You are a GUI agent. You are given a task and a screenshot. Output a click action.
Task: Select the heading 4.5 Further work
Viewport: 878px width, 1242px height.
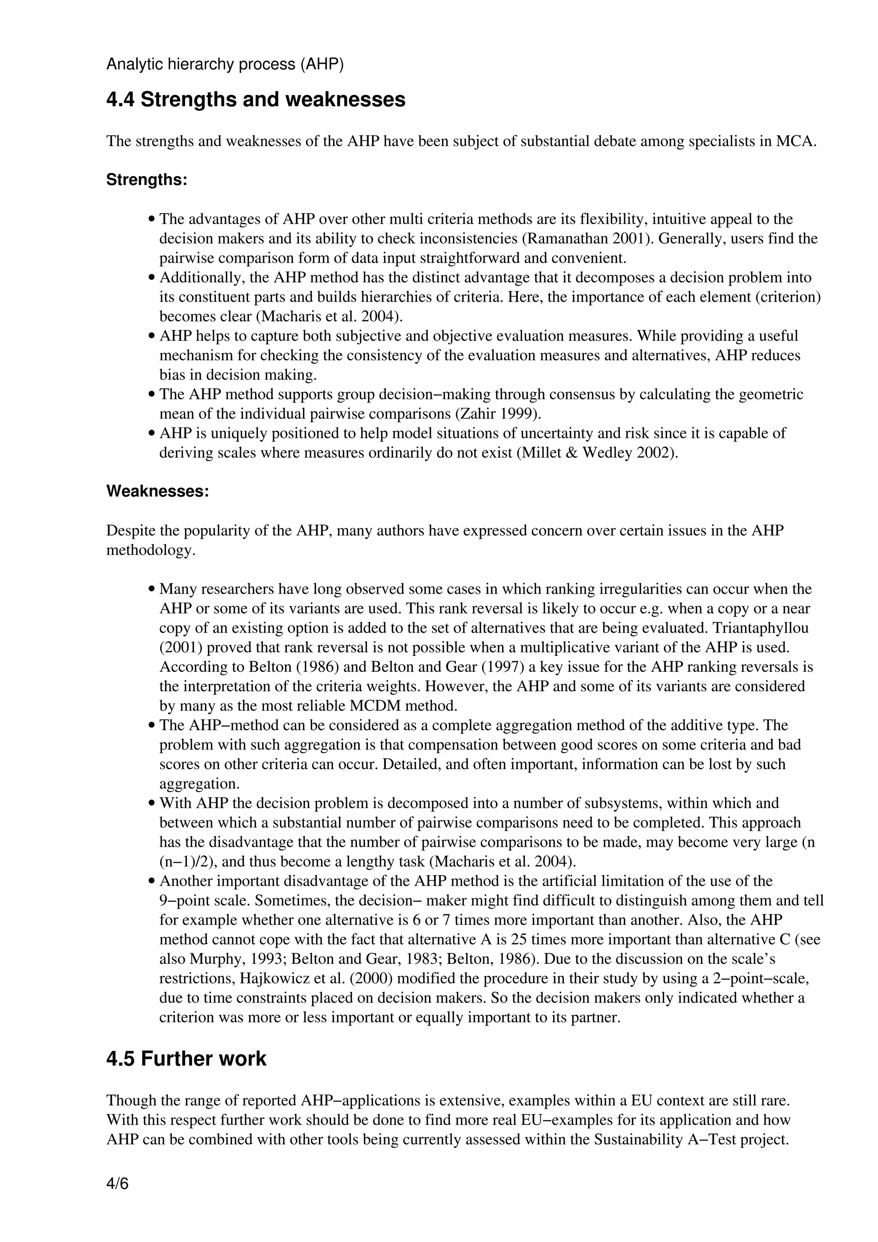click(x=186, y=1059)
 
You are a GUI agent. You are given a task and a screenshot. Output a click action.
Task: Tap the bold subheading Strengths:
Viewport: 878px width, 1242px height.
click(x=146, y=180)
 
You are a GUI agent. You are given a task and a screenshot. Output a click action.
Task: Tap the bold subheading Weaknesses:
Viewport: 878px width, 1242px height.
click(x=157, y=491)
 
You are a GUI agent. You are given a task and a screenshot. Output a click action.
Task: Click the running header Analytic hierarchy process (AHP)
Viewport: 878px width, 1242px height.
click(x=225, y=64)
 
